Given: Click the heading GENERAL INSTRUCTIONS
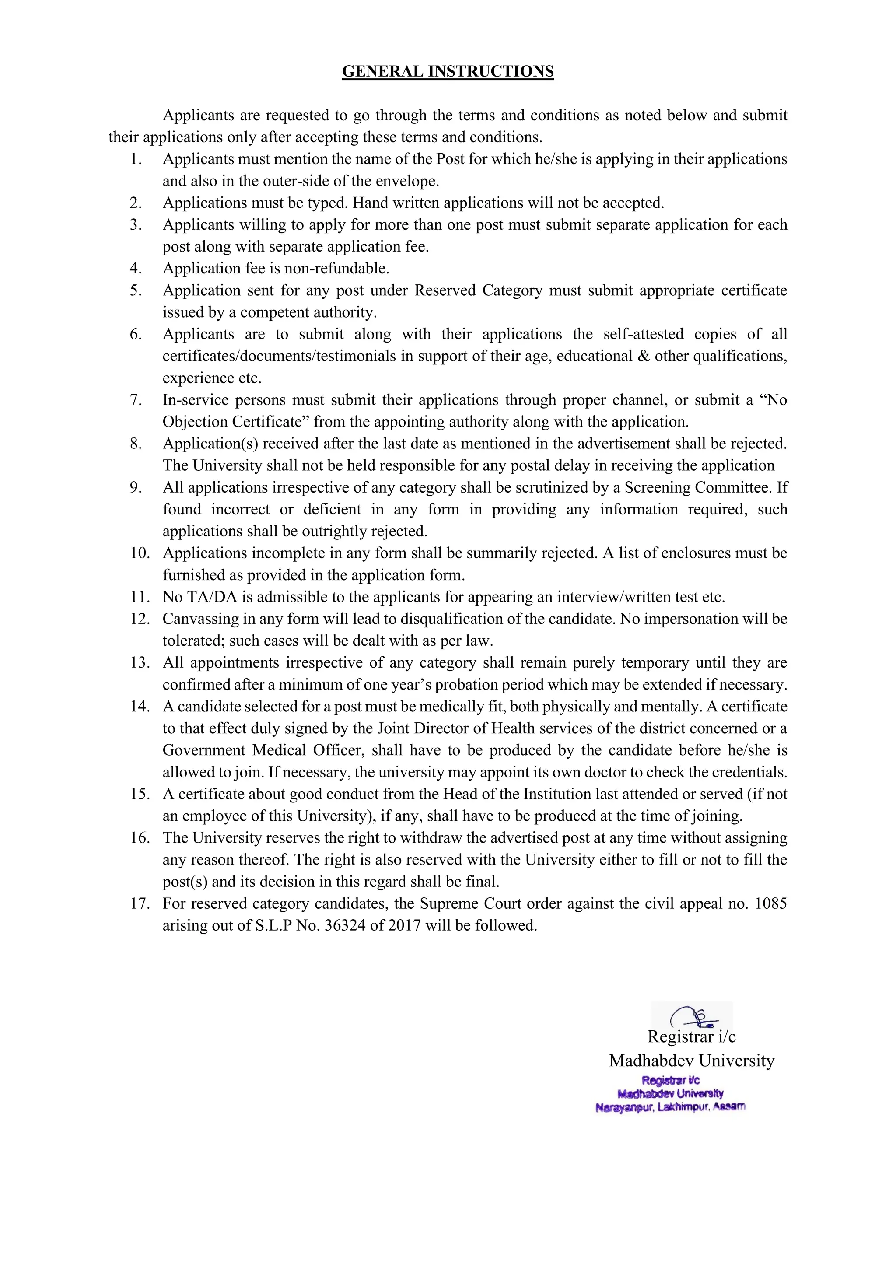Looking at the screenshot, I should (448, 72).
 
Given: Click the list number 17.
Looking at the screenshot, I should (140, 903).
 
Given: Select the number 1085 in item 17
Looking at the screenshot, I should (770, 903).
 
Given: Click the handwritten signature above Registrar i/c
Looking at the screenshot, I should (693, 1015).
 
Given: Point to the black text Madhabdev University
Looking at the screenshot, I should (691, 1060).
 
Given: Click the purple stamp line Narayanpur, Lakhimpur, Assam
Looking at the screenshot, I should (670, 1107).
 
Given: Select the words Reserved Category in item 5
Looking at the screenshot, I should (478, 290).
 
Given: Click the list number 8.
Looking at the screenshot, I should (136, 444).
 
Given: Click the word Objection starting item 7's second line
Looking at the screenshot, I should (195, 422).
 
